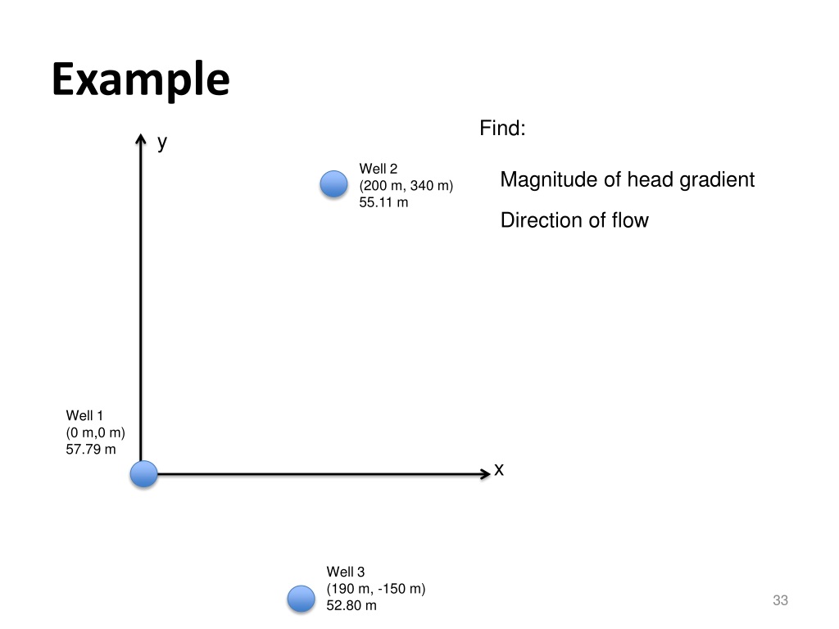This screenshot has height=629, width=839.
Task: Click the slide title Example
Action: (x=140, y=81)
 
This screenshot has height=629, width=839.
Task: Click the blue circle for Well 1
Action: (x=144, y=473)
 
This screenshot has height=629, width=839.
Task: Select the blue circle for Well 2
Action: (x=333, y=184)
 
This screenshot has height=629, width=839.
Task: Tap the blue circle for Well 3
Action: (x=302, y=599)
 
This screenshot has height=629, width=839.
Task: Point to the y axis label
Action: (x=162, y=143)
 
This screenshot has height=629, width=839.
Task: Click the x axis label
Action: (x=499, y=469)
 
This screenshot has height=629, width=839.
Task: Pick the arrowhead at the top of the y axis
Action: (x=141, y=141)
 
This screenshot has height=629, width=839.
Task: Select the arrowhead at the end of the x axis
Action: (x=483, y=473)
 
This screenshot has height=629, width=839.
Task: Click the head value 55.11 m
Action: (x=383, y=202)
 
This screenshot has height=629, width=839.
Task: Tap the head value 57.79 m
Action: (x=91, y=449)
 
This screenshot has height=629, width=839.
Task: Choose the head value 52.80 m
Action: (x=351, y=605)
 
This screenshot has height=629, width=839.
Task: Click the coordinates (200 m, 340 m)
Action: (x=406, y=186)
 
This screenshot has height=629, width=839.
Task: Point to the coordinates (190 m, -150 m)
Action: (x=376, y=589)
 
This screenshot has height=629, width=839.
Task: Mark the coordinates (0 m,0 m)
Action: (x=95, y=432)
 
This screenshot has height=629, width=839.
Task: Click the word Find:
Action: (x=502, y=129)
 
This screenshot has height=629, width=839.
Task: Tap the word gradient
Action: (x=717, y=180)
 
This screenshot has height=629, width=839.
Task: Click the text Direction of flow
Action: (x=574, y=220)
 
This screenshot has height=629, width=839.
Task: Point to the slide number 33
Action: (x=780, y=601)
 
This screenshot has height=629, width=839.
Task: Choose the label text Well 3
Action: (x=345, y=572)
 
